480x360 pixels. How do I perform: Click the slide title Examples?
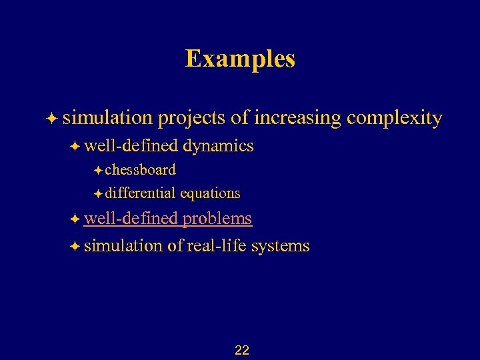coord(240,59)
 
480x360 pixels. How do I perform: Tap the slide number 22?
coord(242,350)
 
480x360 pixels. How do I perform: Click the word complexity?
coord(395,119)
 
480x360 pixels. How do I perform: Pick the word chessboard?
coord(140,169)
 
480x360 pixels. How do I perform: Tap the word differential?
coord(140,193)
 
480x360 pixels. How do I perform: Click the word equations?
coord(210,193)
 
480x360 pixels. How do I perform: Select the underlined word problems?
coord(217,219)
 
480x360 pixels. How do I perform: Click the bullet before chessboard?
coord(98,170)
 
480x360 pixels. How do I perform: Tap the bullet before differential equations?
coord(98,194)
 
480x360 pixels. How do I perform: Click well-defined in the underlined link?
coord(131,219)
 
